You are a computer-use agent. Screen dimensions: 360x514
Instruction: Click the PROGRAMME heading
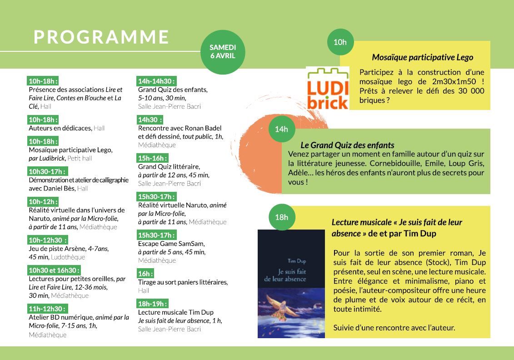101,37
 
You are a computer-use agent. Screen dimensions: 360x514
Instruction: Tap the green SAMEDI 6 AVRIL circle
223,51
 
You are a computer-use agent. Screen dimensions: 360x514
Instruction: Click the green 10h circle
340,42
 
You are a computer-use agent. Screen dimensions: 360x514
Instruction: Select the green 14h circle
282,129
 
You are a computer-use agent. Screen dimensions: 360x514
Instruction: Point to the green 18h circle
282,217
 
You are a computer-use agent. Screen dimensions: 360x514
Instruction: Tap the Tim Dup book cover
291,284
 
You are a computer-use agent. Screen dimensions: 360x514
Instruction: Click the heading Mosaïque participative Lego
422,57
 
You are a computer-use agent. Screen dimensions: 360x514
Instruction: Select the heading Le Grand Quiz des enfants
347,145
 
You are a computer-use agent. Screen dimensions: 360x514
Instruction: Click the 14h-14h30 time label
156,81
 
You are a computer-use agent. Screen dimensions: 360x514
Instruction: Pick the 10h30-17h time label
48,171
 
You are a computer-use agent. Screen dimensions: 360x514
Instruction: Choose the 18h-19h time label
153,303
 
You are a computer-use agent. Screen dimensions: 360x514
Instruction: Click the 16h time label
145,274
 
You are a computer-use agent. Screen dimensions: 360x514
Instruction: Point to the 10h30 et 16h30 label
54,270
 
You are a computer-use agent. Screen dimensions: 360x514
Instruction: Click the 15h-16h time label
153,158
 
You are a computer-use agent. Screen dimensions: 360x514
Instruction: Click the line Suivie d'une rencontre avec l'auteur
394,327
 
